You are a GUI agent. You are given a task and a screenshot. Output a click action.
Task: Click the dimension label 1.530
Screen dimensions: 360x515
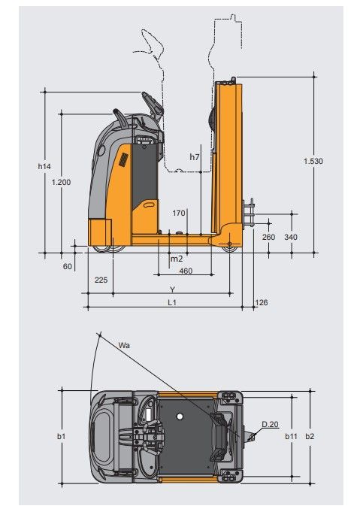coord(313,161)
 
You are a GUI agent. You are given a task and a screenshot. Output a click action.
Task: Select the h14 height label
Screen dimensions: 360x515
coord(44,166)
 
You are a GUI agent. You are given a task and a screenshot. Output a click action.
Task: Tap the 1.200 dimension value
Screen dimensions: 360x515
coord(61,182)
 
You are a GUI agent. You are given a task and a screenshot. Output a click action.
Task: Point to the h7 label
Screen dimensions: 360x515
coord(195,157)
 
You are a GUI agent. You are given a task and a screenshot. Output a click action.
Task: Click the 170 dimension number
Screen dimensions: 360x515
coord(179,214)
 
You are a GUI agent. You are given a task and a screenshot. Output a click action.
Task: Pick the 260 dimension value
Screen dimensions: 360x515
coord(268,237)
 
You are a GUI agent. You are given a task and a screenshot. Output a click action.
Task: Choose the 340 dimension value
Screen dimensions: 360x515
coord(291,237)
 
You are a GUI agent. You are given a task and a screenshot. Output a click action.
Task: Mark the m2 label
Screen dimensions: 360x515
coord(177,259)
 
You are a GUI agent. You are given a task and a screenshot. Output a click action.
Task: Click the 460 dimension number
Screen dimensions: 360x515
coord(186,271)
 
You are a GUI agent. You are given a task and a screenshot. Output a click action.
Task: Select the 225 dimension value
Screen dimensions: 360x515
coord(101,280)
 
